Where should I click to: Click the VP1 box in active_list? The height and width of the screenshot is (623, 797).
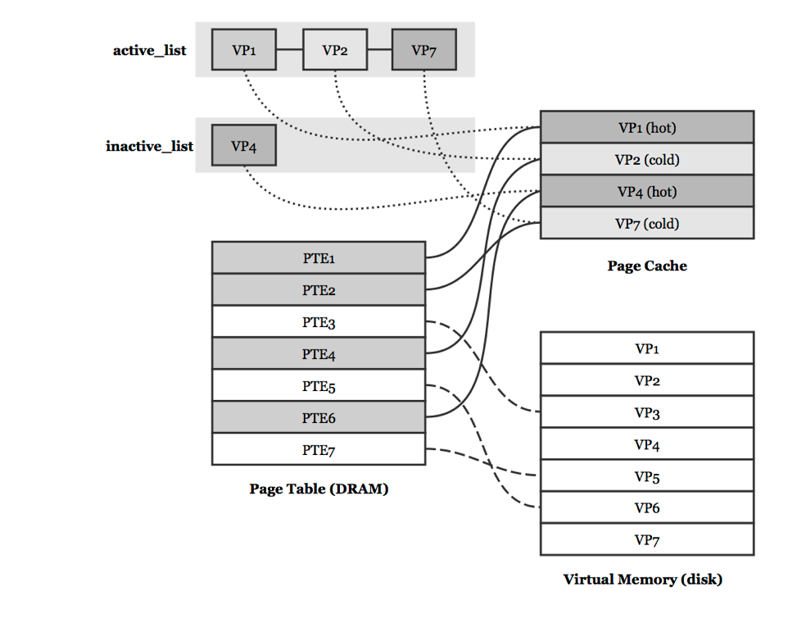coord(244,50)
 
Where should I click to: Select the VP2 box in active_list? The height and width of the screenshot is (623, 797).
coord(334,50)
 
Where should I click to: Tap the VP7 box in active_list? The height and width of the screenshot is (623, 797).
coord(423,50)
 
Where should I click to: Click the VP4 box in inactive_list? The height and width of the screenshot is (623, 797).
coord(244,146)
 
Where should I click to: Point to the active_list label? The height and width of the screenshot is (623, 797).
coord(149,50)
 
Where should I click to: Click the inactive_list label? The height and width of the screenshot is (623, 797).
coord(149,146)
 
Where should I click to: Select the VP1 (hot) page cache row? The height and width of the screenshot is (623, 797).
coord(646,128)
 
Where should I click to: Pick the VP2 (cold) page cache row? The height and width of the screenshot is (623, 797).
coord(646,160)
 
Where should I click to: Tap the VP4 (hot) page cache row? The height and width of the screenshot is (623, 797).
coord(646,192)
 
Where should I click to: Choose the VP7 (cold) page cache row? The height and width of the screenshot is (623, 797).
coord(646,223)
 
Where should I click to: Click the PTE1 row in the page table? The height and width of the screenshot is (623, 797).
coord(318,258)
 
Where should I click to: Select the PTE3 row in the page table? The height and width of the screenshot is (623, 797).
coord(318,322)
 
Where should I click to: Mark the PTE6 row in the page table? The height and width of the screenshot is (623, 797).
coord(318,418)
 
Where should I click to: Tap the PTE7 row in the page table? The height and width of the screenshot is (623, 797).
coord(318,450)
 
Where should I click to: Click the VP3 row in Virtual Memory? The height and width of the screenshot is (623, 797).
coord(646,412)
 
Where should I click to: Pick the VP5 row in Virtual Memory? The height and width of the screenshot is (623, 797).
coord(646,476)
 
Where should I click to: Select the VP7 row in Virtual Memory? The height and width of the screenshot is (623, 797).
coord(646,540)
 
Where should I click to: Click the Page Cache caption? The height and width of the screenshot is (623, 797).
coord(646,266)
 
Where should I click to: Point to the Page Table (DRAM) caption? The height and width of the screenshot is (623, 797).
coord(318,489)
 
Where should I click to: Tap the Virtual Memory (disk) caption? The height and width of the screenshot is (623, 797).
coord(642,580)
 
